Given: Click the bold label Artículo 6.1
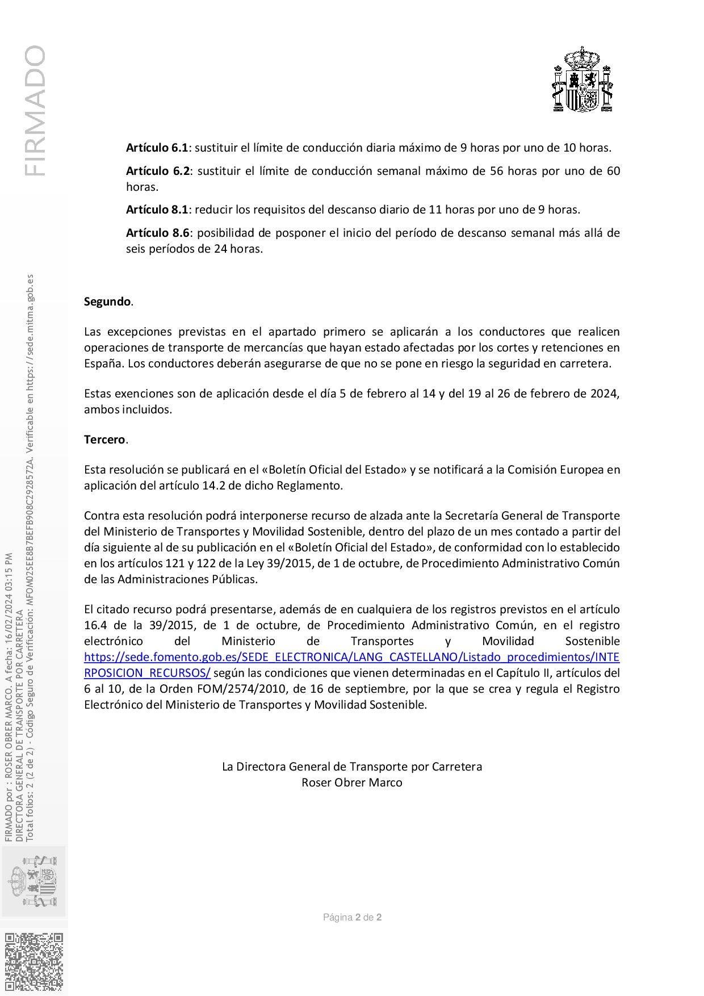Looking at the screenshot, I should (157, 148).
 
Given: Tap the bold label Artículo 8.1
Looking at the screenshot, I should (157, 210).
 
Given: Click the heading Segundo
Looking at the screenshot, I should (107, 302).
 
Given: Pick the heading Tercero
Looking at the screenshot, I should (104, 440).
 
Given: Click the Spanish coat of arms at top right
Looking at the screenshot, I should (583, 80).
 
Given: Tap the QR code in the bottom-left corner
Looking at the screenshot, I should (34, 962).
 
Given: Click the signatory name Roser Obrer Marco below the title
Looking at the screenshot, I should (351, 782).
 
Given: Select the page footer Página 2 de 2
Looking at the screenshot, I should (352, 917).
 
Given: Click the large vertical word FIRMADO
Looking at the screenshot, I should (35, 111).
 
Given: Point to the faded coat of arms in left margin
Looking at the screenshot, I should (33, 881).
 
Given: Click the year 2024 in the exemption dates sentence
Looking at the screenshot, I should (604, 394).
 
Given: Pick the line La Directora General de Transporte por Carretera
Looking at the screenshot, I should (351, 767).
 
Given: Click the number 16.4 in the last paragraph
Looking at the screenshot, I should (96, 625).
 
